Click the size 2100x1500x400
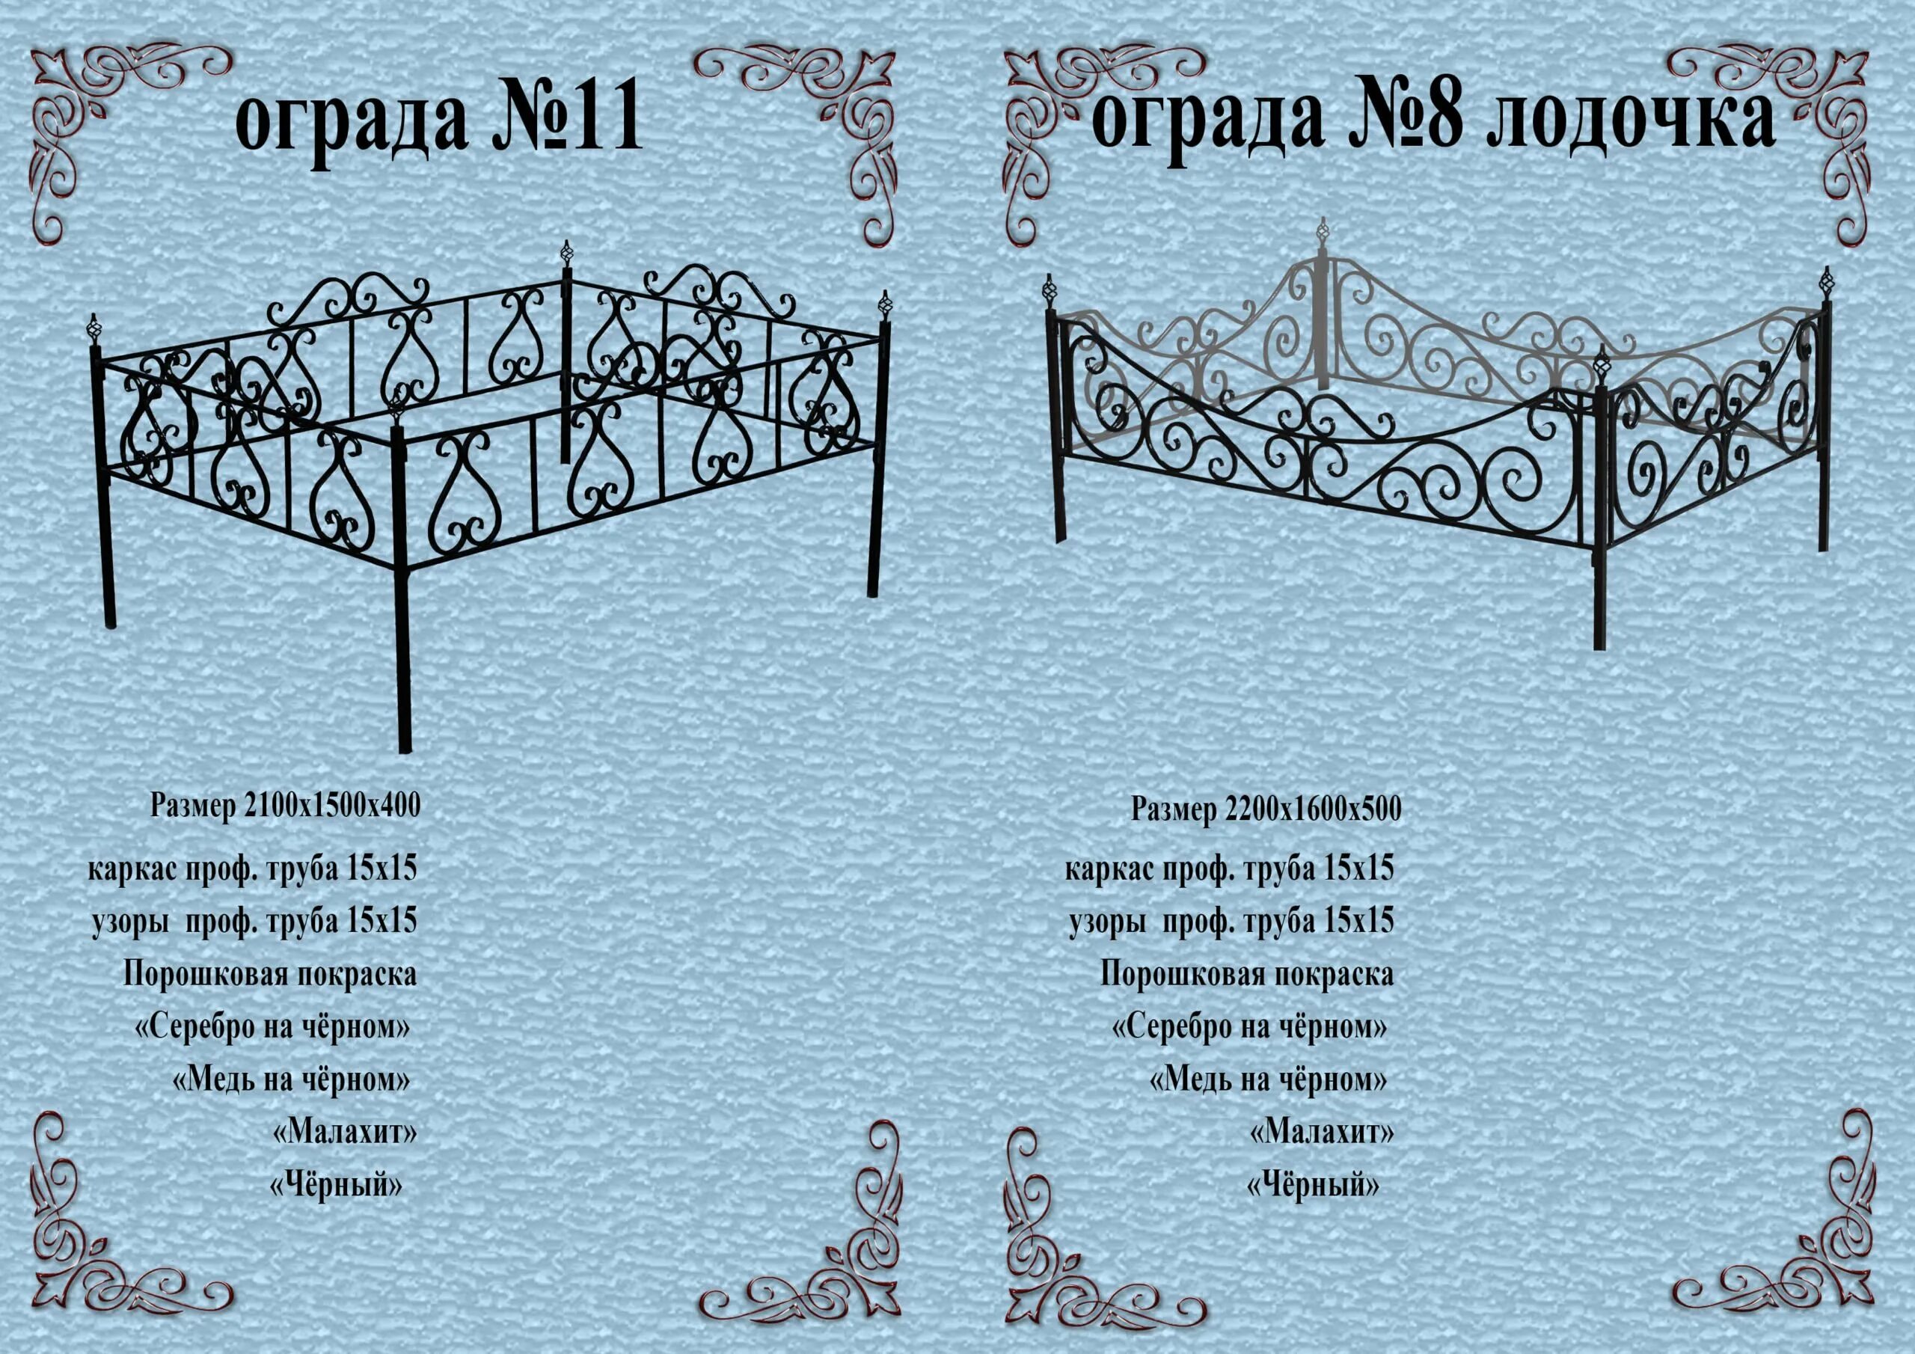tap(332, 806)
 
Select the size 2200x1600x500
tap(1313, 809)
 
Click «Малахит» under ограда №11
tap(344, 1132)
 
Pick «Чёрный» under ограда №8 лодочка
tap(1312, 1185)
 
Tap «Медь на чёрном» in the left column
tap(292, 1080)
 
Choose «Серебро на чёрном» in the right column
tap(1248, 1027)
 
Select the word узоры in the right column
tap(1106, 921)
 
